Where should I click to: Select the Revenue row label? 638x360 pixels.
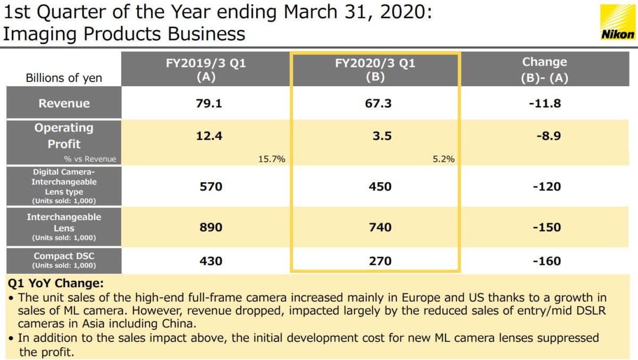click(x=64, y=103)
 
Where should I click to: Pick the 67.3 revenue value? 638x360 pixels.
click(x=378, y=103)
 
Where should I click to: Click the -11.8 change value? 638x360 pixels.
click(x=544, y=103)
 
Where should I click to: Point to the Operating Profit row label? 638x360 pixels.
click(x=64, y=136)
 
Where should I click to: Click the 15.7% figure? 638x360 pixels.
click(x=272, y=158)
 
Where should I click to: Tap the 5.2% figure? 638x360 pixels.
click(x=443, y=158)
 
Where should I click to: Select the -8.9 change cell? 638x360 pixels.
click(x=545, y=136)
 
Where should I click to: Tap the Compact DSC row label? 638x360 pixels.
click(x=64, y=259)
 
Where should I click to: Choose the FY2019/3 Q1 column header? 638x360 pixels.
click(x=205, y=70)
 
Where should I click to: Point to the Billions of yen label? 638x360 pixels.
click(x=64, y=78)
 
